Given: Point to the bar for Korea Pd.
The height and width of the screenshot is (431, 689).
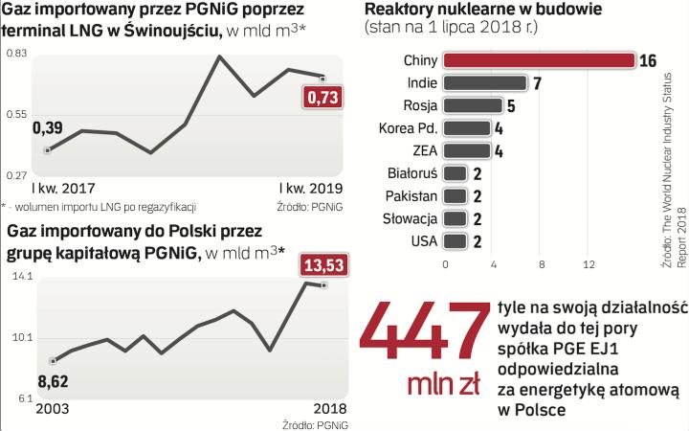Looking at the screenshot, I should click(468, 127).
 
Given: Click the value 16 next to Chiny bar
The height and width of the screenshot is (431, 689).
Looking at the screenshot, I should click(647, 60).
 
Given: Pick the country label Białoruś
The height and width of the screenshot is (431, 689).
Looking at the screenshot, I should click(415, 173).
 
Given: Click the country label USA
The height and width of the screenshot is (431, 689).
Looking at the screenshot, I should click(424, 240).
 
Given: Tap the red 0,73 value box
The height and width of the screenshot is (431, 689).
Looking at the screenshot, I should click(322, 98).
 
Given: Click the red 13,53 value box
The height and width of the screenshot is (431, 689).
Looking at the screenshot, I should click(325, 262).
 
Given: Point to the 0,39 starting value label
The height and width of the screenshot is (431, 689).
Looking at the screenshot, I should click(48, 127).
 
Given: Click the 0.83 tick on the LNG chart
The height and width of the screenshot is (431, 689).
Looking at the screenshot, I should click(16, 55).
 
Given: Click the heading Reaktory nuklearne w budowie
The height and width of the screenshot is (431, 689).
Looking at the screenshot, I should click(469, 10).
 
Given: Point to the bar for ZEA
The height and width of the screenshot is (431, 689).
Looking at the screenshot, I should click(468, 150).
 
